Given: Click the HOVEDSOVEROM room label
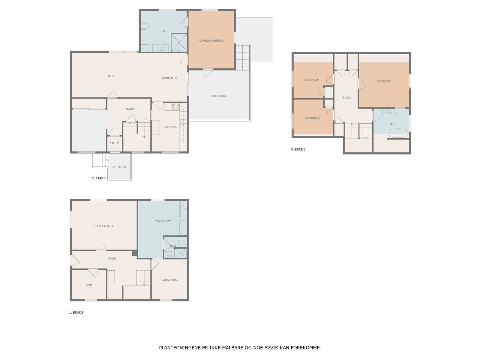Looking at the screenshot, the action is [x=211, y=41].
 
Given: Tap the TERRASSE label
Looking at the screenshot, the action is [x=219, y=96].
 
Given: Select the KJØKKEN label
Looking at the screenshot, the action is [x=170, y=127].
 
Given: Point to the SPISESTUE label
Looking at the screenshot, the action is [x=169, y=78].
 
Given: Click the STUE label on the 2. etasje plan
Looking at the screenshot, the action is [x=112, y=76].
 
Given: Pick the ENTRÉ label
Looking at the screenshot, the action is [x=115, y=143].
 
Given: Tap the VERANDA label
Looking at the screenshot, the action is [x=119, y=167].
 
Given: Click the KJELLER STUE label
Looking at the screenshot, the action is [x=104, y=226].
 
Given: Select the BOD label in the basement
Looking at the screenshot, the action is [x=88, y=285].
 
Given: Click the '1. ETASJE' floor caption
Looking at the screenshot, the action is [x=76, y=313].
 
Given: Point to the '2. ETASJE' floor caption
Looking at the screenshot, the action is [x=99, y=178].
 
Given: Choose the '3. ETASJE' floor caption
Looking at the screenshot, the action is [x=298, y=149].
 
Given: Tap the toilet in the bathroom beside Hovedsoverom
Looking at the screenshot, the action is [x=145, y=26].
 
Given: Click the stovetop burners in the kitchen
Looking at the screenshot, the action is [x=176, y=107].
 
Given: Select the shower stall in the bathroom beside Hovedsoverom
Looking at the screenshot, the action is [x=179, y=43].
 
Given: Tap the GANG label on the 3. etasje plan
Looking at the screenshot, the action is [x=346, y=98].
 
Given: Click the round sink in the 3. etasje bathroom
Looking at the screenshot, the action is [x=388, y=112].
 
